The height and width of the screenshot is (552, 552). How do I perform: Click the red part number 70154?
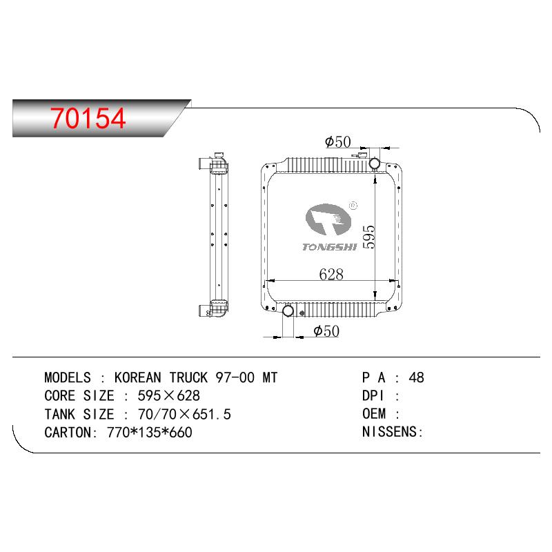(88, 118)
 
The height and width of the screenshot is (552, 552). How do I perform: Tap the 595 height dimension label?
(368, 237)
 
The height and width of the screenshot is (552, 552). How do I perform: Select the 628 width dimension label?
(331, 274)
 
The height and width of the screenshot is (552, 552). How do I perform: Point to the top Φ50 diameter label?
(338, 141)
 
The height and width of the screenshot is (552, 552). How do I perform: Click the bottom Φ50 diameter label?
(326, 331)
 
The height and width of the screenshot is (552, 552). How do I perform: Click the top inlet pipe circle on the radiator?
(374, 164)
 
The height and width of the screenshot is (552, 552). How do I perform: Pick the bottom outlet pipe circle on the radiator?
(288, 310)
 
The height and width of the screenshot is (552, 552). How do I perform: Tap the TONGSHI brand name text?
(330, 247)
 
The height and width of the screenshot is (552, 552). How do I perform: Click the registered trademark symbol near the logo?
(353, 205)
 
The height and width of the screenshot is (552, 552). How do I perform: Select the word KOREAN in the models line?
(137, 377)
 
